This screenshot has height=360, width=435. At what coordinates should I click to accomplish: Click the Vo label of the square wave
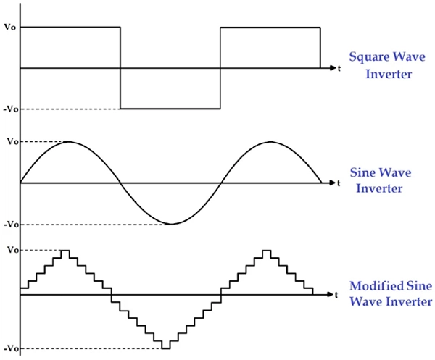[10, 27]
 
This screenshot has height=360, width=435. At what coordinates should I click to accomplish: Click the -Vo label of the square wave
[11, 109]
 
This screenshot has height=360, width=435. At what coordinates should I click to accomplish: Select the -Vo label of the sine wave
[11, 225]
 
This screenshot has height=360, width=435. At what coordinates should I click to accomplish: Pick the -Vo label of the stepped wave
[11, 348]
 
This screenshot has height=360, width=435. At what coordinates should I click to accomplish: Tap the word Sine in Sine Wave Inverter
[360, 172]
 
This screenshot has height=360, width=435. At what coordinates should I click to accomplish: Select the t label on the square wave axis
[339, 68]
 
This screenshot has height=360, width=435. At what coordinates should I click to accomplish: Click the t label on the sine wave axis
[339, 183]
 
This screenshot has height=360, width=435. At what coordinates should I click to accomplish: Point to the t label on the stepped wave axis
[336, 295]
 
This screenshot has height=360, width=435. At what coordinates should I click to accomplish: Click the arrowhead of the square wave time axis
[333, 68]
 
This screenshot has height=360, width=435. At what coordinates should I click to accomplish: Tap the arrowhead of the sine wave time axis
[333, 183]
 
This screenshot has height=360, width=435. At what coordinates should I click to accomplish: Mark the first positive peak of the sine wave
[69, 142]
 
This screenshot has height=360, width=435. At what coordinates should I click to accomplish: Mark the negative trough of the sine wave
[171, 224]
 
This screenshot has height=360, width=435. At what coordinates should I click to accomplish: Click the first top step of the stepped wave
[65, 251]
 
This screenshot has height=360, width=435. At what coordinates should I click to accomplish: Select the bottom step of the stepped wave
[166, 348]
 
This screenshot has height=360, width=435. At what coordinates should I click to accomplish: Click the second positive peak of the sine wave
[270, 142]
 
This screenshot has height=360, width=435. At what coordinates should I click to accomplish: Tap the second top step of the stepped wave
[266, 251]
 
